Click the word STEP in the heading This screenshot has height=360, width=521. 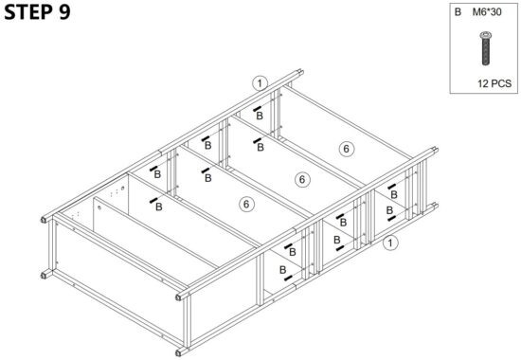27,14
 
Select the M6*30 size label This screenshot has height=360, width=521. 489,13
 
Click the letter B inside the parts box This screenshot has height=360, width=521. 458,13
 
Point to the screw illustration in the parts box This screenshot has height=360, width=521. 485,49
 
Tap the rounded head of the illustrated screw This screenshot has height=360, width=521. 485,35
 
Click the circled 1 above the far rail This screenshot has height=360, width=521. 260,81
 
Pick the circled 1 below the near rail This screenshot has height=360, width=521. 389,243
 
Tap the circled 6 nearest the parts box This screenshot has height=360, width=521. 347,149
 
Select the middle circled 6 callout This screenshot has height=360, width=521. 301,179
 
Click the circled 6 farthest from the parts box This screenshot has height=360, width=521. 246,203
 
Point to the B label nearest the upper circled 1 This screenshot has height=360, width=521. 260,120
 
